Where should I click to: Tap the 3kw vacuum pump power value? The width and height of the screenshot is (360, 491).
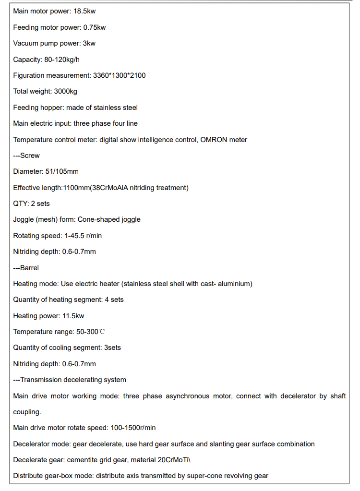(x=89, y=43)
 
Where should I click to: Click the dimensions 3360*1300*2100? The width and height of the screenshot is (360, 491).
(x=119, y=75)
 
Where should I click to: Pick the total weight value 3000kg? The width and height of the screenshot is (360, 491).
(x=66, y=91)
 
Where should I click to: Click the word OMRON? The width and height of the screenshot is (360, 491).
(x=216, y=140)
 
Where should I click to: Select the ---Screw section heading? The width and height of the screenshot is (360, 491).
(x=26, y=156)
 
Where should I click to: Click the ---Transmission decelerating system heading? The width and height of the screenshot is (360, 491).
(x=70, y=380)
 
